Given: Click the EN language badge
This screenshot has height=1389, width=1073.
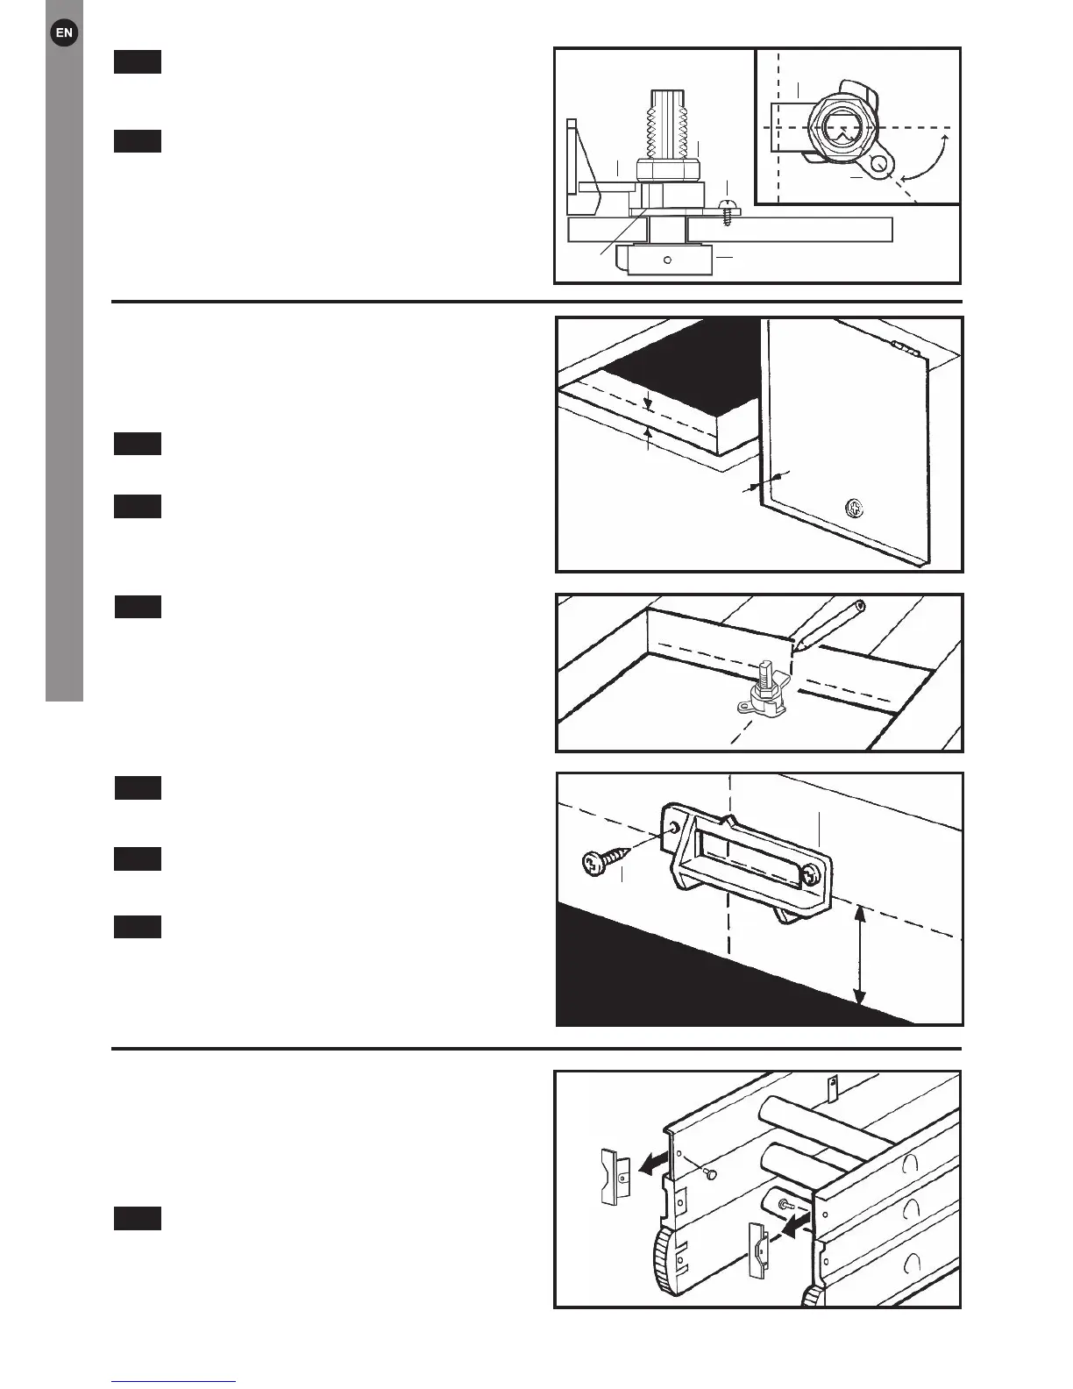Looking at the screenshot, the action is (64, 33).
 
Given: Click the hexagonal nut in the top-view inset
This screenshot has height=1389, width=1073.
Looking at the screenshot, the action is (839, 129).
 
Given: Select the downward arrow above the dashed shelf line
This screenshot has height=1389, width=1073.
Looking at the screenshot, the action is (647, 401).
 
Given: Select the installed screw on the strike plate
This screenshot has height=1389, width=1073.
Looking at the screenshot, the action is (813, 873).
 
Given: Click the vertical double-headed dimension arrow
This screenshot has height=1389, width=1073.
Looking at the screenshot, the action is (860, 956).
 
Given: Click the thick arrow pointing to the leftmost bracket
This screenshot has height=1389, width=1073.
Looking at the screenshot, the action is (652, 1163).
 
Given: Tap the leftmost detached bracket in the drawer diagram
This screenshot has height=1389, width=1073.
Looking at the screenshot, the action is (615, 1176).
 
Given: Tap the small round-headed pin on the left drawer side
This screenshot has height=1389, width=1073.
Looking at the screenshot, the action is (712, 1173).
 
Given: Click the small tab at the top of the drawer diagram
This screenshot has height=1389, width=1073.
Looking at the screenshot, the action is (833, 1086).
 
